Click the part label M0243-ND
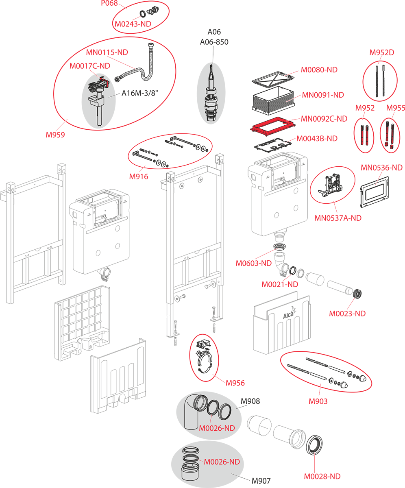133,24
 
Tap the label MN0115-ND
107,52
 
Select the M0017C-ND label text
89,65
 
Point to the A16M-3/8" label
140,93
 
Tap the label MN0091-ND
323,95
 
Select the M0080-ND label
319,70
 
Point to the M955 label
395,108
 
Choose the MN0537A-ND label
338,218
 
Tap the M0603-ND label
253,263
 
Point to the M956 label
235,383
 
